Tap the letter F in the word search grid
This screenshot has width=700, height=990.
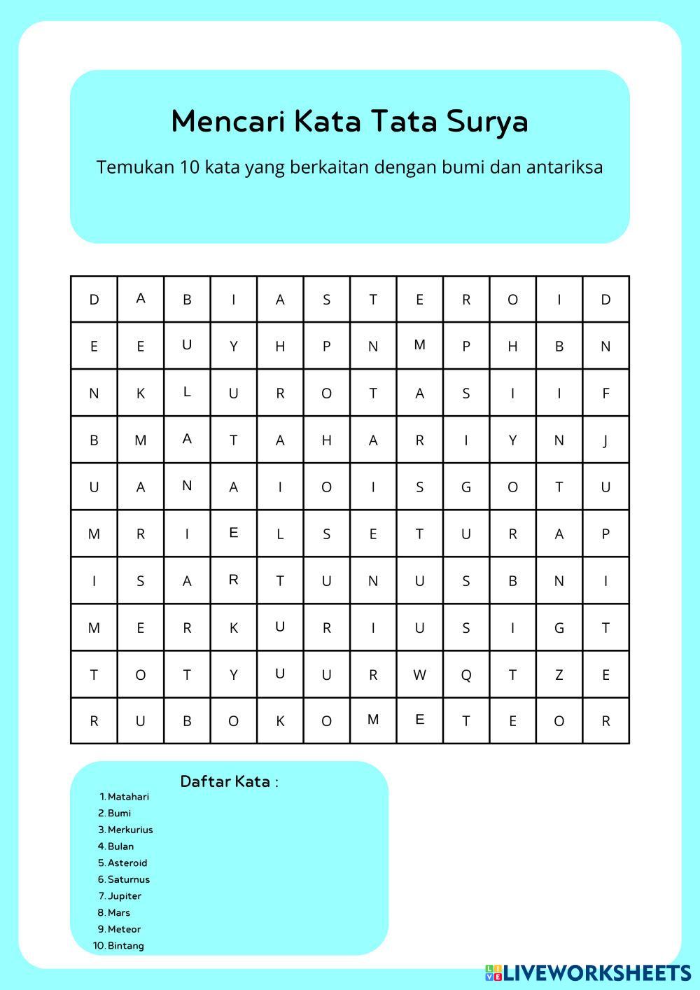coord(605,393)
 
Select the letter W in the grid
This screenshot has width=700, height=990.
coord(419,675)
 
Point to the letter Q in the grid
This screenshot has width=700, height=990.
coord(466,675)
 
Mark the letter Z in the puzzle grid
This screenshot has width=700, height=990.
coord(559,675)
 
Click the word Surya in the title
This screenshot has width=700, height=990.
coord(487,121)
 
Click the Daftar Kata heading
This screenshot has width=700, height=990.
coord(229,781)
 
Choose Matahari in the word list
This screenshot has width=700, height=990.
coord(128,797)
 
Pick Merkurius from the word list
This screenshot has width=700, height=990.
coord(130,830)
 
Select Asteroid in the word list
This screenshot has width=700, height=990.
coord(127,863)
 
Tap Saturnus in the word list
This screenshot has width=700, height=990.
coord(129,879)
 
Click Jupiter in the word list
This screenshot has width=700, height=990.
coord(125,896)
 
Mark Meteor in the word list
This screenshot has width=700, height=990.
coord(124,929)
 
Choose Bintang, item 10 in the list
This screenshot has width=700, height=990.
coord(126,946)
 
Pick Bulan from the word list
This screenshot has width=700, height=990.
coord(120,846)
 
